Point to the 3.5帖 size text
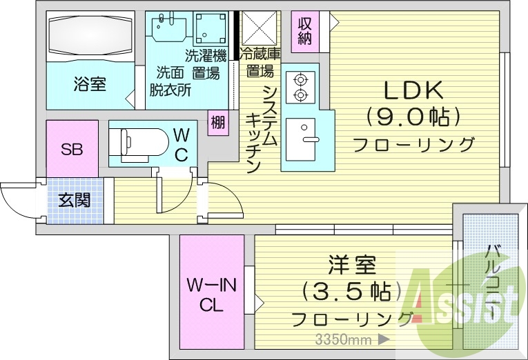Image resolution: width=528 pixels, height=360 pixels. click(x=351, y=291)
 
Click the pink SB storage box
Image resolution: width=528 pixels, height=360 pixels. click(x=72, y=149)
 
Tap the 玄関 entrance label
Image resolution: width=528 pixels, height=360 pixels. click(x=73, y=201)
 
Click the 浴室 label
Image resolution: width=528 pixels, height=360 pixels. click(x=90, y=85)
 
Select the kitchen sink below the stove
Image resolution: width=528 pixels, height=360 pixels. click(x=302, y=135)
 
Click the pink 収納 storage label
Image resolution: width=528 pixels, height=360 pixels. click(x=305, y=30)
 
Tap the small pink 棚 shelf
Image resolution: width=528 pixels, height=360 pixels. click(x=218, y=123)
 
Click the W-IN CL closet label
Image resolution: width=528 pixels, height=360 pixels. click(x=212, y=294)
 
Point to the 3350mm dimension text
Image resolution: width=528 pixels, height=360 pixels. click(x=344, y=339)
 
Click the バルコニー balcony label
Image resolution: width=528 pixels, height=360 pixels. click(x=492, y=279)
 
